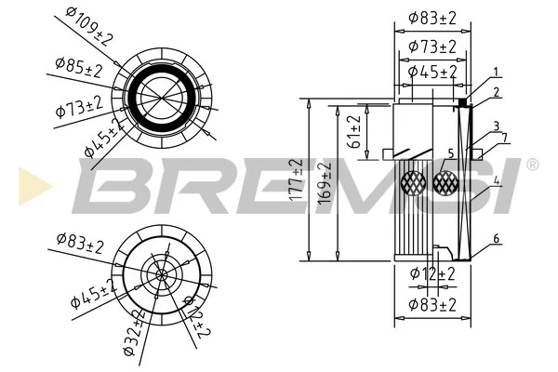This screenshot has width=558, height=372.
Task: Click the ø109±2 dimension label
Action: click(89, 25)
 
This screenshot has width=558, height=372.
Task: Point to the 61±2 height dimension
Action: click(354, 133)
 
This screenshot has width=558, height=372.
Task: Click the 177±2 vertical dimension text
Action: click(297, 179)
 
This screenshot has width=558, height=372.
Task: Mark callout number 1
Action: click(497, 72)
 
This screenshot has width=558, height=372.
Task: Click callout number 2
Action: click(498, 91)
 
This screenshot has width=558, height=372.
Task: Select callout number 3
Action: click(497, 126)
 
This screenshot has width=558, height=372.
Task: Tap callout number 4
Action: click(498, 180)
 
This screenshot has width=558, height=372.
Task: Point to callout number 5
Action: click(450, 153)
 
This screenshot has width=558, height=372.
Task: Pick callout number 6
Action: click(497, 239)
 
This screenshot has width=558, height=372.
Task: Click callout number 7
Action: click(505, 138)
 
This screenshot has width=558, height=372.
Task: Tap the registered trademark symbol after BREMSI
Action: click(532, 165)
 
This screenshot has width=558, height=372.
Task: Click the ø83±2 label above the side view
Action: click(432, 17)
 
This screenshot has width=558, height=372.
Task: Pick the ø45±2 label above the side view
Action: click(432, 71)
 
